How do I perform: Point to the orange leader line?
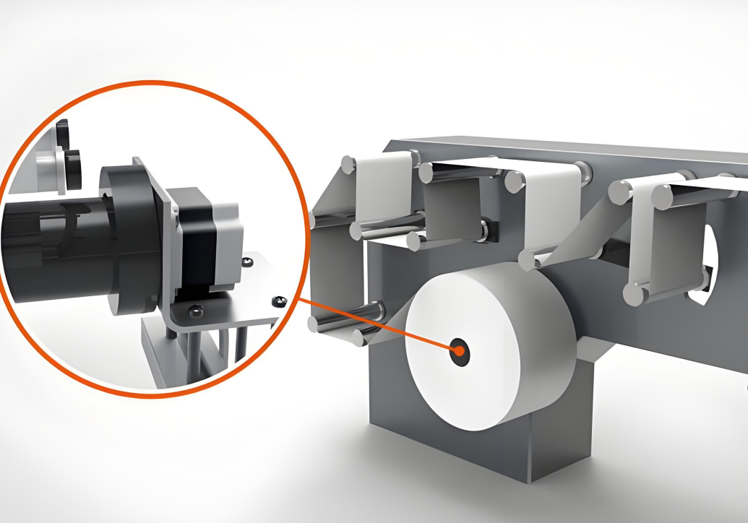click(376, 324)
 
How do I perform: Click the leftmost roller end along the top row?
click(348, 164)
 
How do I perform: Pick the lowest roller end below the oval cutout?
click(633, 293)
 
